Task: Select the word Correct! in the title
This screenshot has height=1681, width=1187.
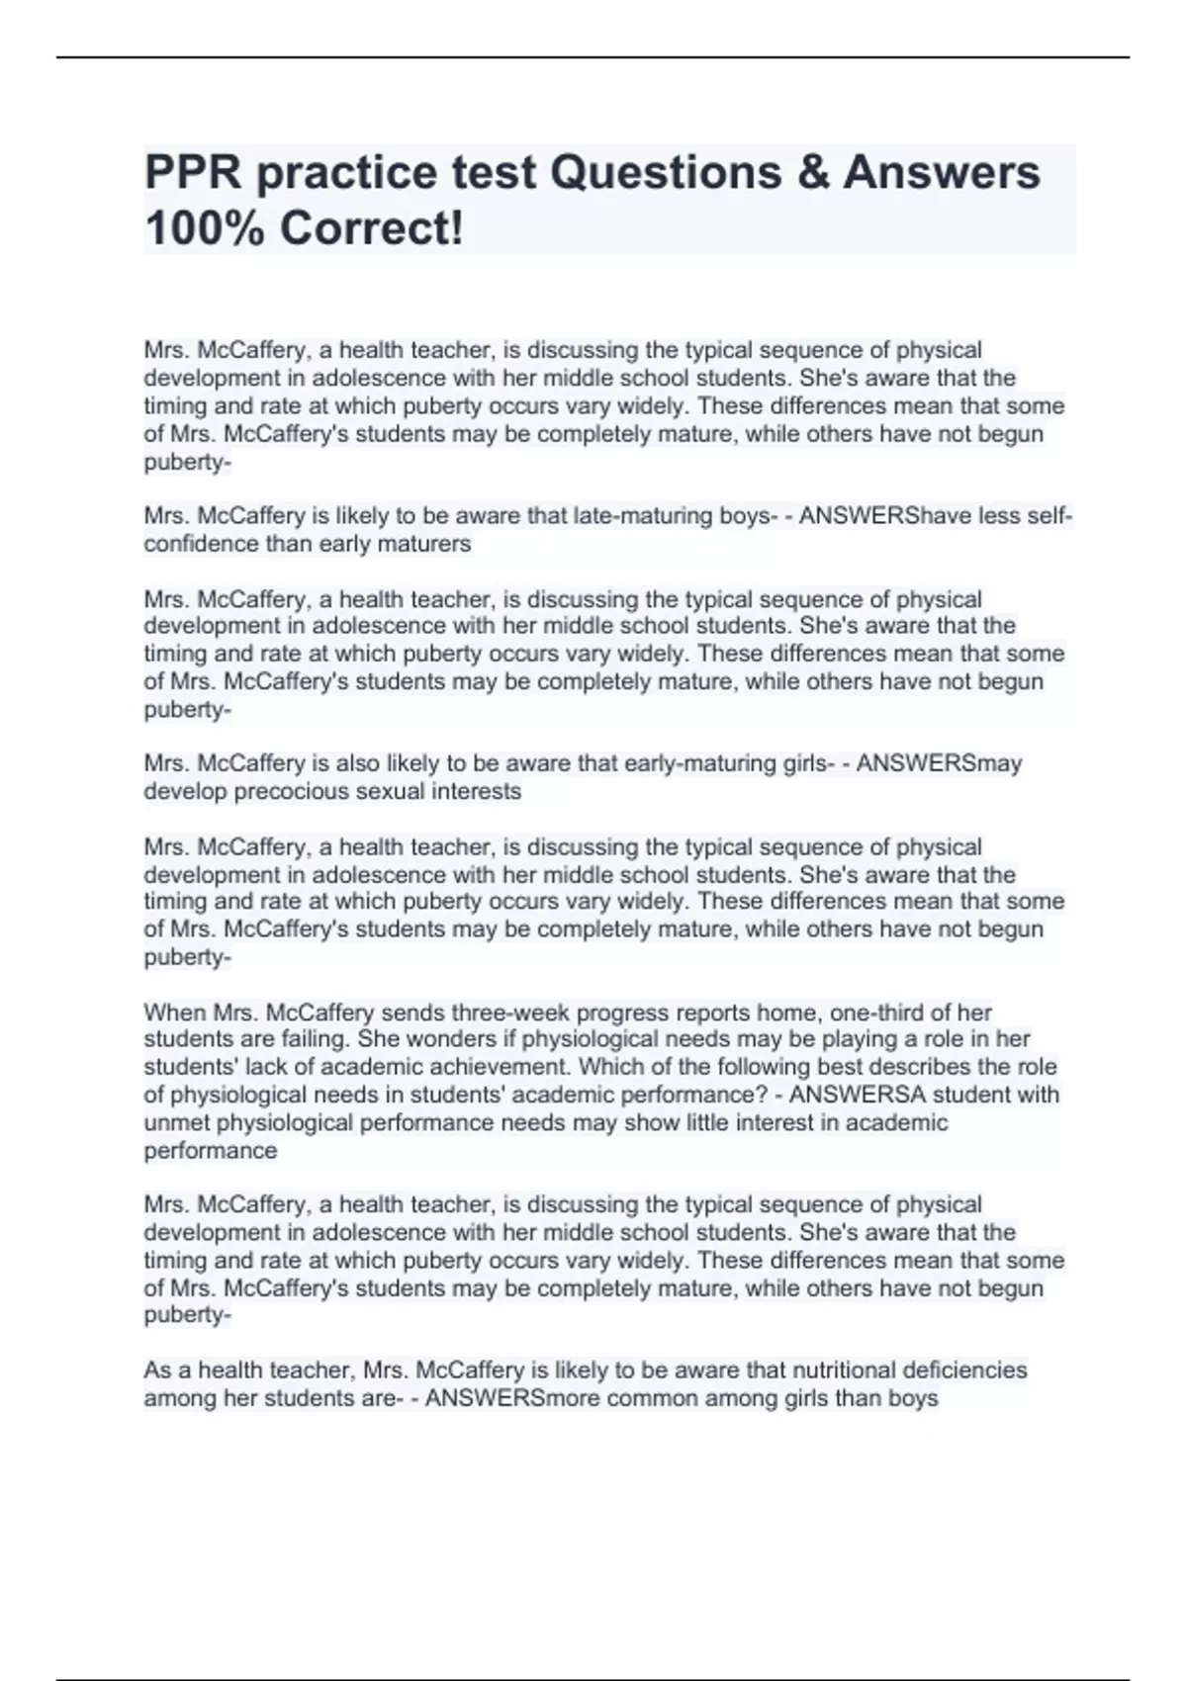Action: pos(371,229)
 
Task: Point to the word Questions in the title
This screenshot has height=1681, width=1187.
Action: pos(658,173)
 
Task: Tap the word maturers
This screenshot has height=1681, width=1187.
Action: pos(427,544)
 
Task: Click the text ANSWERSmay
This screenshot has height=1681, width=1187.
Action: pos(939,763)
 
